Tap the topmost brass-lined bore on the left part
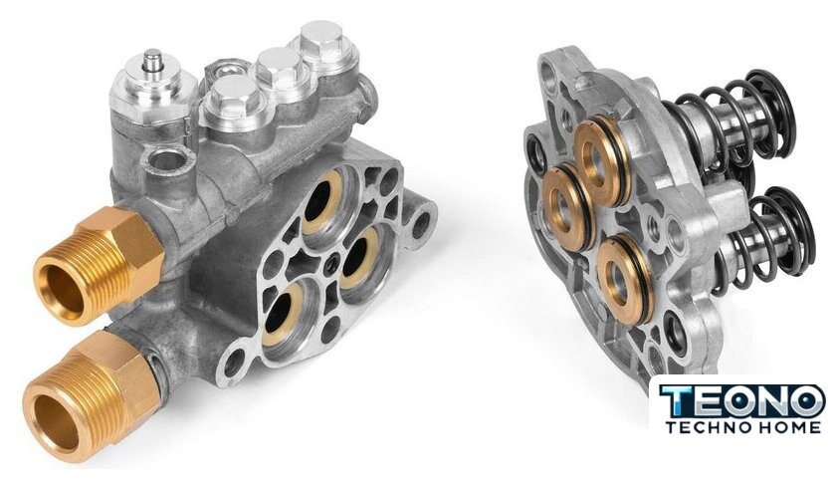click(323, 201)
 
